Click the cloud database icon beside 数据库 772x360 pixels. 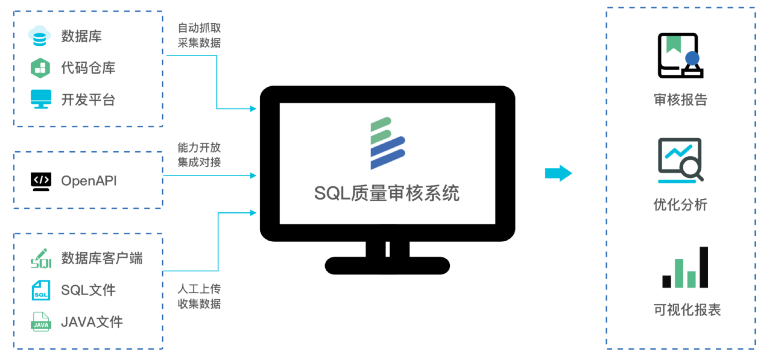(40, 36)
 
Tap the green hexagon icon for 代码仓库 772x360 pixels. (40, 68)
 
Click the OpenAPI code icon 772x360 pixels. (41, 181)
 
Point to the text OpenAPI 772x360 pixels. (89, 181)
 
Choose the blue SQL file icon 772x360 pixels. (41, 290)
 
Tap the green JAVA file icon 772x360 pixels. (41, 322)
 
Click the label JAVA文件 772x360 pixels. (92, 322)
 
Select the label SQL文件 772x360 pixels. (88, 290)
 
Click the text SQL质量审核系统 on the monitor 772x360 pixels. (387, 193)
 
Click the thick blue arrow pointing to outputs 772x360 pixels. (558, 173)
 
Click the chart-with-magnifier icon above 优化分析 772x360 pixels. (680, 160)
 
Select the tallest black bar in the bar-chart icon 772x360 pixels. (704, 267)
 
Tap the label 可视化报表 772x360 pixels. (687, 310)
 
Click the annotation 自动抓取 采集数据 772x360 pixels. (199, 35)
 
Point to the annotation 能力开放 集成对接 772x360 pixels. (199, 155)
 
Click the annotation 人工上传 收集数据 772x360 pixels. (199, 296)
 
